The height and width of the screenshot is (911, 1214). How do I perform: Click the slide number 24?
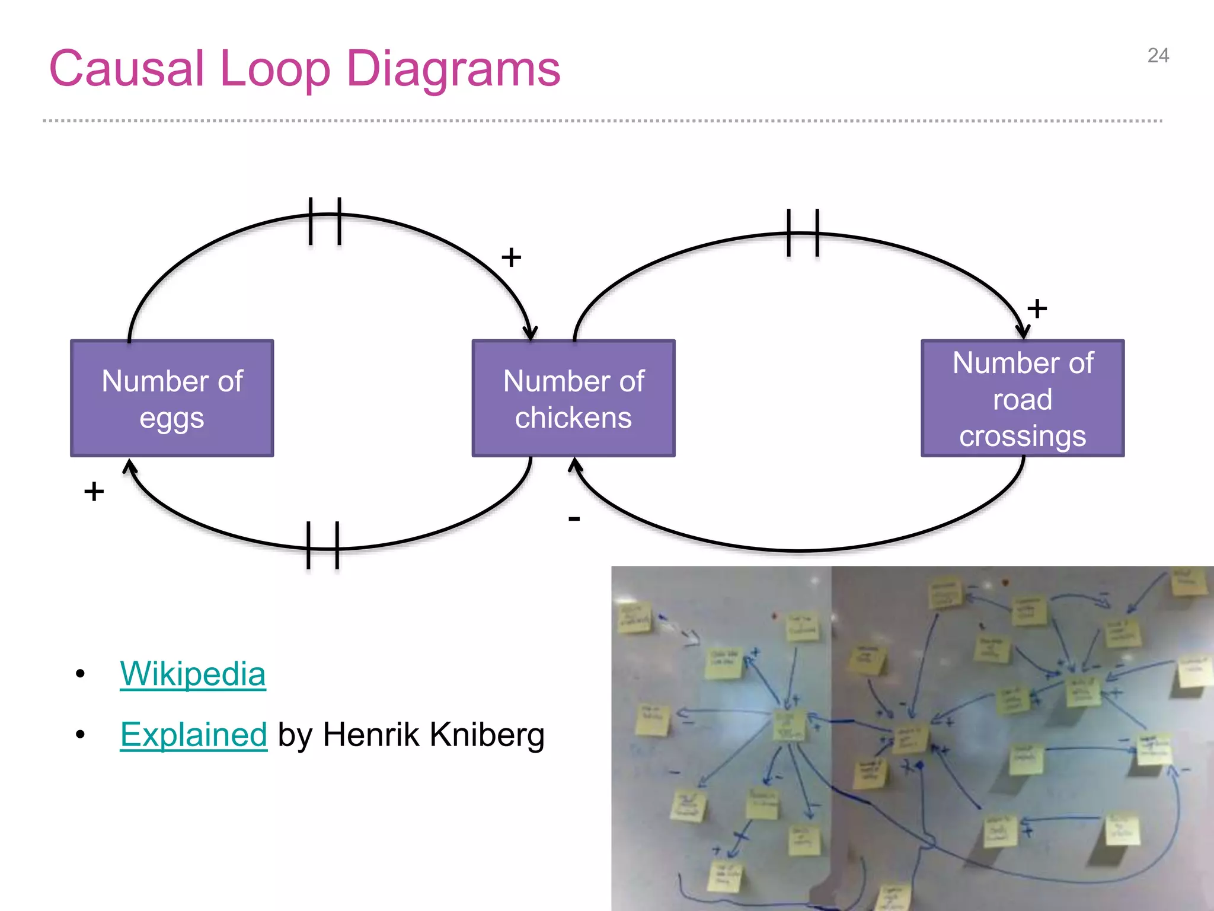(x=1158, y=56)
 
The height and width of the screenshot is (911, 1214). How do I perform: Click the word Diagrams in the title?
(x=453, y=69)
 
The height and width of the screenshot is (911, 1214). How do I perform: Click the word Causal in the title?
(x=127, y=69)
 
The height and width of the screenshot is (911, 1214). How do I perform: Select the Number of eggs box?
(x=172, y=399)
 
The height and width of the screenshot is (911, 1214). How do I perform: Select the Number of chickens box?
(x=573, y=399)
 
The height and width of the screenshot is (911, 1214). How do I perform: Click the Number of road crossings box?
(x=1023, y=399)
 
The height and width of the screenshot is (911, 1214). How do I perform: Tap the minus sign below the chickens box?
(x=574, y=519)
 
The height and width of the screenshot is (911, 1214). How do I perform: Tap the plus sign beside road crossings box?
(x=1037, y=308)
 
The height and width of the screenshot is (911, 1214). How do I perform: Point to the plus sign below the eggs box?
(x=94, y=491)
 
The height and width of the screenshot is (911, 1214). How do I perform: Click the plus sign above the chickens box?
(x=511, y=257)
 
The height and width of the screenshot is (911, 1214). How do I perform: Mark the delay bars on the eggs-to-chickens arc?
(x=325, y=221)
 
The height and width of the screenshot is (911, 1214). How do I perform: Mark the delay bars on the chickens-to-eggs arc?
(x=323, y=545)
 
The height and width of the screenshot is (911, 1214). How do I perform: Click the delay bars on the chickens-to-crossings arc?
(x=803, y=233)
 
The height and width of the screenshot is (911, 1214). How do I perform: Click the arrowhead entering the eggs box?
(x=130, y=467)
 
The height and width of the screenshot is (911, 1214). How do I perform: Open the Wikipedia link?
(x=193, y=674)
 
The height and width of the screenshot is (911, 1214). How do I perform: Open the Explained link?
(x=193, y=734)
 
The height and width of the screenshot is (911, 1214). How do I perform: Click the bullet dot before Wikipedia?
(x=81, y=674)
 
